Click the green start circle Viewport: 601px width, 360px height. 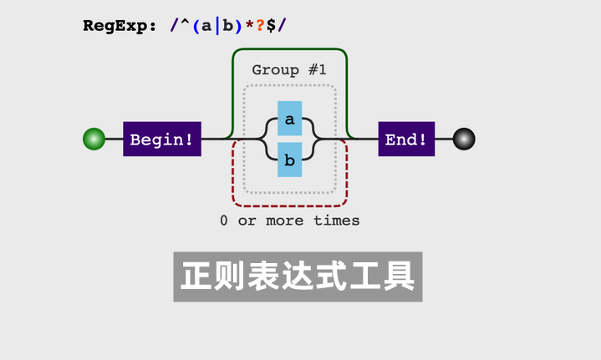(94, 139)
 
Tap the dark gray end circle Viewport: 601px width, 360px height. (464, 139)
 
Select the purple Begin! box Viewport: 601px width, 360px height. (162, 139)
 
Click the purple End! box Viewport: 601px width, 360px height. (406, 139)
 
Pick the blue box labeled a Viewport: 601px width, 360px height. (290, 119)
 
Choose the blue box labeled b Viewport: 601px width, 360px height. (290, 160)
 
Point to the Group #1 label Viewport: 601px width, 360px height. (289, 70)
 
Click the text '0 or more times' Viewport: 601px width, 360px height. (290, 221)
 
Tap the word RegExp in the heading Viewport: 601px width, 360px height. (115, 26)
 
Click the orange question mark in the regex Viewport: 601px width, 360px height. (260, 26)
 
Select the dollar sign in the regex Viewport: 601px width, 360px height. (271, 26)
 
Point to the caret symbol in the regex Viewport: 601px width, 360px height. (185, 23)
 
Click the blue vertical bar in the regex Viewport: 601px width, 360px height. (217, 26)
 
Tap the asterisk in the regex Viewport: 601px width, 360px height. (250, 24)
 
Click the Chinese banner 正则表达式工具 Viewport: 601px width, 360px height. (298, 276)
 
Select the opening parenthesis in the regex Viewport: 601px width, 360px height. (196, 26)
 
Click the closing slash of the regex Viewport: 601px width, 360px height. (282, 26)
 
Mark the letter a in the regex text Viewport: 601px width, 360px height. (206, 27)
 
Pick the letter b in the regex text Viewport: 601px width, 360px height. (228, 26)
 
